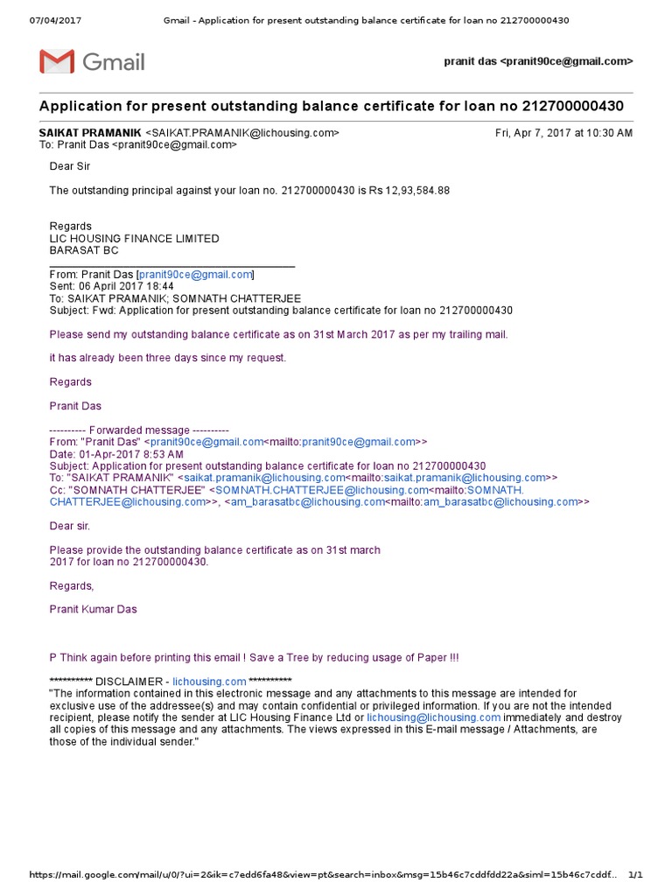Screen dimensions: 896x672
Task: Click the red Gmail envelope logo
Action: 57,62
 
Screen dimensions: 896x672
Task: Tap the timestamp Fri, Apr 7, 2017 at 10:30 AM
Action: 563,133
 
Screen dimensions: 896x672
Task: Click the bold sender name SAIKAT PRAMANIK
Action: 90,133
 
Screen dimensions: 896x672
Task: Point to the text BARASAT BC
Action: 78,250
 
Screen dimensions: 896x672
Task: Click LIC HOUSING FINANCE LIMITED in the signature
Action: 134,238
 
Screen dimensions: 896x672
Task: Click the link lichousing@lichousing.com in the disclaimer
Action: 433,717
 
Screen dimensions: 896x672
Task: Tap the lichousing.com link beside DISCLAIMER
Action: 209,682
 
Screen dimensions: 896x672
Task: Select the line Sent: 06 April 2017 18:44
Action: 111,286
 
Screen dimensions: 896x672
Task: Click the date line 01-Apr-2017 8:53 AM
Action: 116,454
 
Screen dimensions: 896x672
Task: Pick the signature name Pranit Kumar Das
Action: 93,609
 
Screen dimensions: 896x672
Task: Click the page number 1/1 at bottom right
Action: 635,875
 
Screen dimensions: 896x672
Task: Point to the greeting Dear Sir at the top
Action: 69,166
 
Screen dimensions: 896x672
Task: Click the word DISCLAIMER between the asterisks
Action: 131,682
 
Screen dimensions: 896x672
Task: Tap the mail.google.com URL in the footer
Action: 324,875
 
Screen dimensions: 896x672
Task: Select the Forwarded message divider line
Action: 139,430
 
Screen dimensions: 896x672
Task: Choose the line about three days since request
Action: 167,357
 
